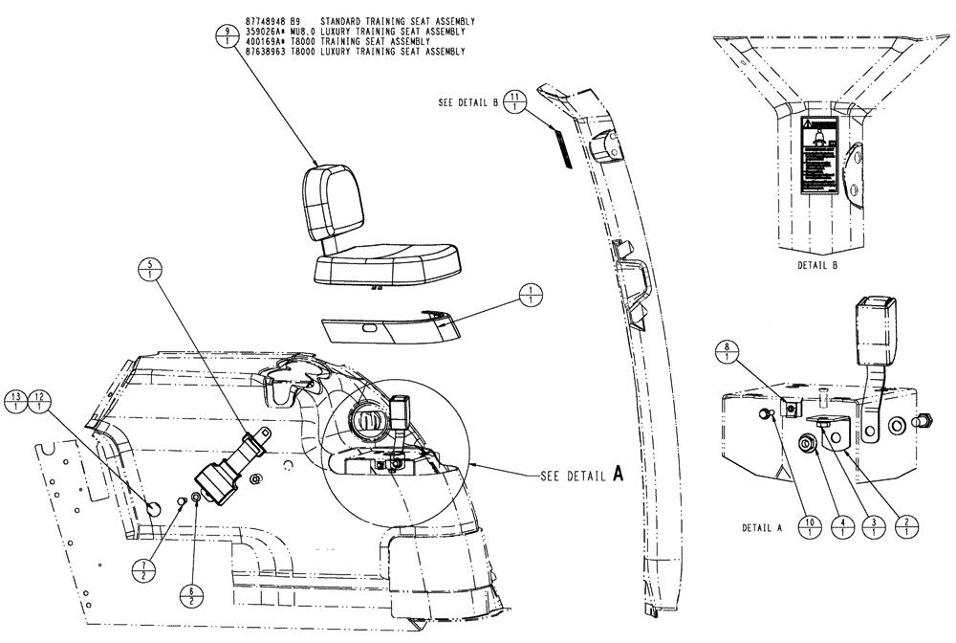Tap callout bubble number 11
pos(516,102)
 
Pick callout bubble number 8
pos(727,351)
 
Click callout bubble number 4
pos(841,527)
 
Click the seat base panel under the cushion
pos(387,328)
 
